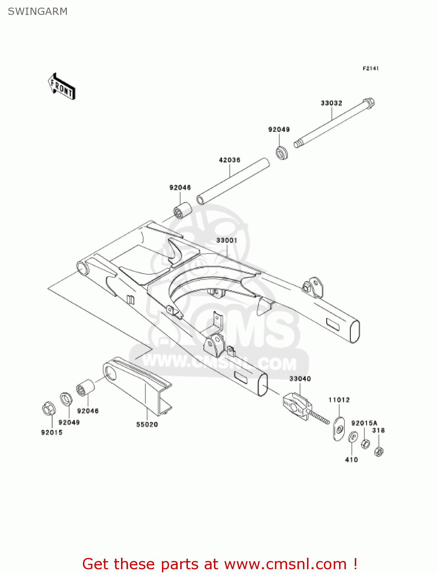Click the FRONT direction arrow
61,87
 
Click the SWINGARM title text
38,11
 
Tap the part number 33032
331,103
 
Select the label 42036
230,160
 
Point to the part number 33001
227,240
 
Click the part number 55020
147,424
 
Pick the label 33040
300,379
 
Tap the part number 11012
339,400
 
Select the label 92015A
364,423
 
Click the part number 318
378,430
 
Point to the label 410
351,460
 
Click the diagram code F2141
370,68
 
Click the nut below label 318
379,452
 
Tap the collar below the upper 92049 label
282,152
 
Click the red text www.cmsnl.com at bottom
285,564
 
